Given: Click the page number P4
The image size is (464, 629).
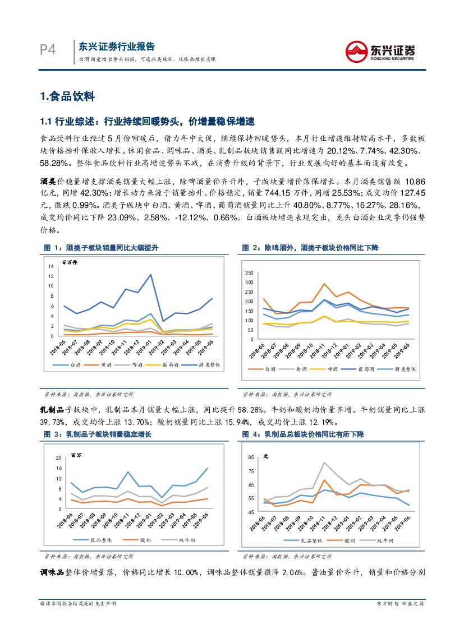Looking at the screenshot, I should (x=48, y=50).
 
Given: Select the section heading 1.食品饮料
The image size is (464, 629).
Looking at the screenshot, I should (x=67, y=96).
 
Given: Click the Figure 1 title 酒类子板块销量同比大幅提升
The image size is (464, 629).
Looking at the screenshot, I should (x=112, y=247).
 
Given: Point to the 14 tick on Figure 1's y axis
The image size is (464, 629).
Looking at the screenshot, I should (x=50, y=266).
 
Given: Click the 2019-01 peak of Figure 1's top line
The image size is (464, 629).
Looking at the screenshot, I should (x=150, y=275).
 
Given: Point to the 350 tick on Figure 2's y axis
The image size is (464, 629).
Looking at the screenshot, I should (x=250, y=272).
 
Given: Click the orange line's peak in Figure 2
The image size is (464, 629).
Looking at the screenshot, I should (x=324, y=284).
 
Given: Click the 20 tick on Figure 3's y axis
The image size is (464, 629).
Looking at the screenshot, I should (x=58, y=458).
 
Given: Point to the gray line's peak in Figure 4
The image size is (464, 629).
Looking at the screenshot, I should (x=324, y=462).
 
